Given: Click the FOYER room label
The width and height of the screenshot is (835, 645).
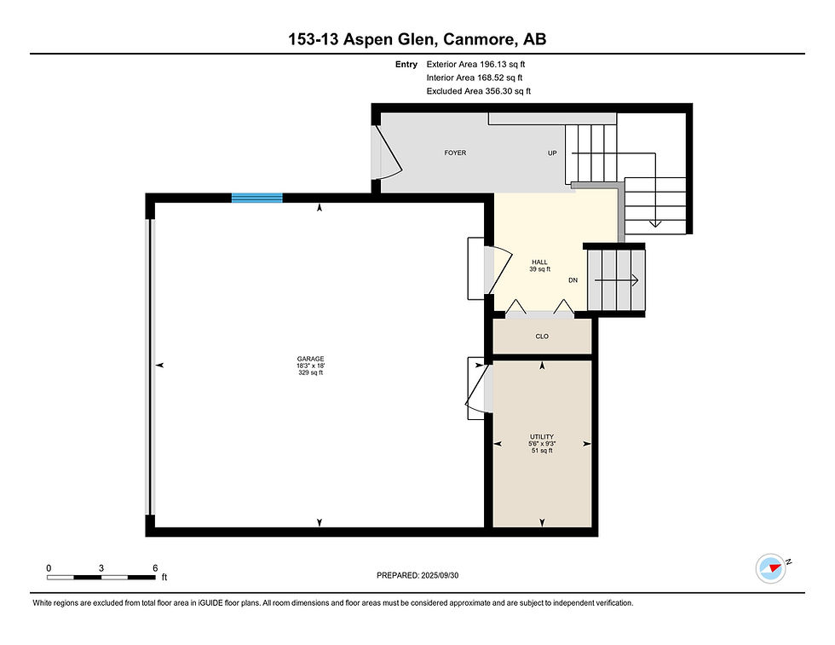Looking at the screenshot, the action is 455,153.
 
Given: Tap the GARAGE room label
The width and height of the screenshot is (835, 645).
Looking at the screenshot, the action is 310,359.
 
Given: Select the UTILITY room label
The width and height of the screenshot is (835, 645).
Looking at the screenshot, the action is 542,437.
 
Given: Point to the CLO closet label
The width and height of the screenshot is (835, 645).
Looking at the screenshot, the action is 542,336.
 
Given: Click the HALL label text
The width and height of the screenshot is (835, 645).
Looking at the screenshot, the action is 539,262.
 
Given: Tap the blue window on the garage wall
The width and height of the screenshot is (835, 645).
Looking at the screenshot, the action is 256,198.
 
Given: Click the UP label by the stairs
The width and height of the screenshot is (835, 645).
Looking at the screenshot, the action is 552,153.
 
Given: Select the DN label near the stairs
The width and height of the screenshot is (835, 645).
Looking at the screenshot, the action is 573,280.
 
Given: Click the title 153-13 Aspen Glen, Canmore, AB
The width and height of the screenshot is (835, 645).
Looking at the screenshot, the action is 417,39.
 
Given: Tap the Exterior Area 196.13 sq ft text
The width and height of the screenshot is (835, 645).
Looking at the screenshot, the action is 475,65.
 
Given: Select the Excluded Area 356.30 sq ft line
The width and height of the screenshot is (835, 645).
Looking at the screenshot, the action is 479,91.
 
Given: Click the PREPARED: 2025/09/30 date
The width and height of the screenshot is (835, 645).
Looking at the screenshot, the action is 417,575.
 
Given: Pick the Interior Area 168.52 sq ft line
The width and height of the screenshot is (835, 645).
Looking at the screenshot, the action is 475,78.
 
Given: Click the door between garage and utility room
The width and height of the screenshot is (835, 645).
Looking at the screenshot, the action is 478,388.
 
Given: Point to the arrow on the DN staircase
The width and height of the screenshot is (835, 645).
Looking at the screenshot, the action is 617,280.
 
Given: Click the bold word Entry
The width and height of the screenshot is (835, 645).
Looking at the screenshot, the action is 406,65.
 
